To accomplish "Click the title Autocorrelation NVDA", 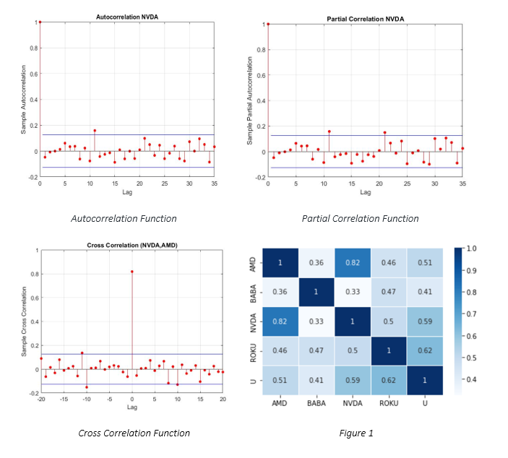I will [x=127, y=16].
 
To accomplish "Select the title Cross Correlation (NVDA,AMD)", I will [x=132, y=245].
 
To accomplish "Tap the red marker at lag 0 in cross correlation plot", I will [x=132, y=272].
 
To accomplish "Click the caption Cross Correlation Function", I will [x=134, y=433].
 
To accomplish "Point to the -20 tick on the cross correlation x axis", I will [x=41, y=399].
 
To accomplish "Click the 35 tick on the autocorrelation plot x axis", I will [x=215, y=183].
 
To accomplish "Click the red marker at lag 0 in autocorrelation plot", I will [x=40, y=22].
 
